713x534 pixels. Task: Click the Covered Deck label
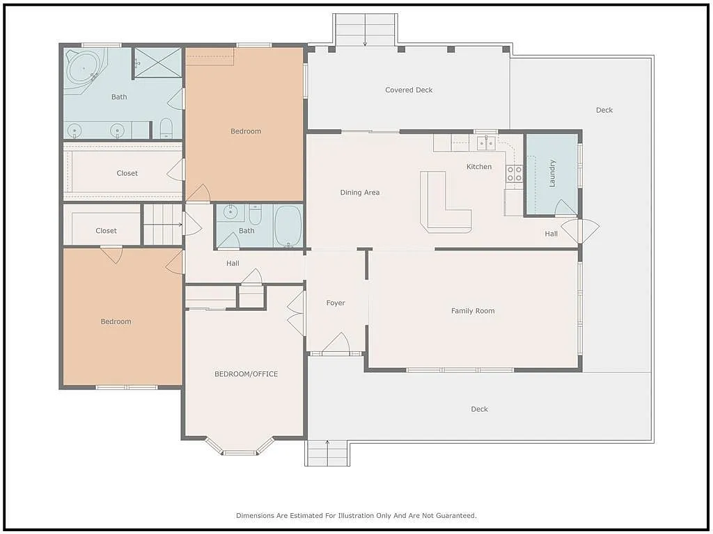point(409,90)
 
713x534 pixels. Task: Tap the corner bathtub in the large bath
point(84,69)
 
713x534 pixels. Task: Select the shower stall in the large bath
point(157,63)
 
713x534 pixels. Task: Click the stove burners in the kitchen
point(514,174)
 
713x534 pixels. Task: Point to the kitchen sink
point(486,143)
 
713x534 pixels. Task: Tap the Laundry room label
point(553,173)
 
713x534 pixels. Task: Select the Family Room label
point(473,311)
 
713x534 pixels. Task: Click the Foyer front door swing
point(336,344)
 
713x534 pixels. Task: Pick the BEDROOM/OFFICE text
point(246,374)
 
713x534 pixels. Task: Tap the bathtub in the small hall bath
point(288,225)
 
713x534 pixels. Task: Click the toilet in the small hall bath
point(255,216)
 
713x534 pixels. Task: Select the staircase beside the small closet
point(163,225)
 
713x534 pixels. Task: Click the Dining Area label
point(360,193)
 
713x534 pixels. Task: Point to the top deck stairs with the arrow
point(365,30)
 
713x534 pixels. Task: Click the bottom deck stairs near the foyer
point(327,453)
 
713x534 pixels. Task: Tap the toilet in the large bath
point(166,128)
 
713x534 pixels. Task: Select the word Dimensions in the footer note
point(256,516)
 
